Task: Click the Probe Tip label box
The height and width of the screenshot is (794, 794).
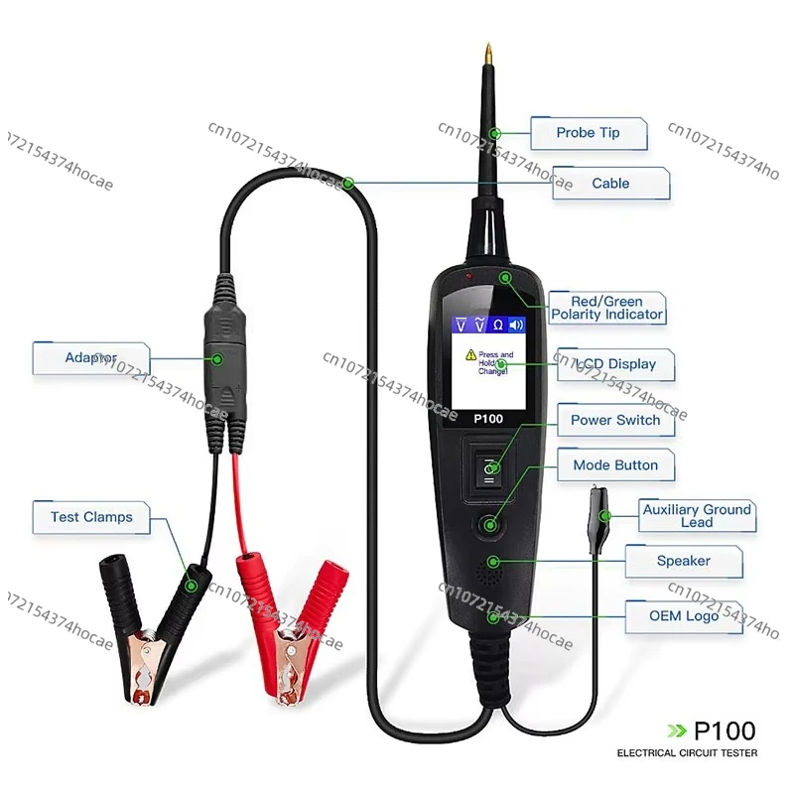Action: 588,133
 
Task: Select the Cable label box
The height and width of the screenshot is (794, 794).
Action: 610,184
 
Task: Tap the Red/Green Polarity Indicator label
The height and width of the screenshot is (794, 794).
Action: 606,308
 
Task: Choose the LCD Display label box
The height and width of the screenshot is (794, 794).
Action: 615,364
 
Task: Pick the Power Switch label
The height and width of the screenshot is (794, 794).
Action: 614,420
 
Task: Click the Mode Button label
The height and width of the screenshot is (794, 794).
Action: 615,464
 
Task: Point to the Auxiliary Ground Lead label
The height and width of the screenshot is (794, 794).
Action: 696,516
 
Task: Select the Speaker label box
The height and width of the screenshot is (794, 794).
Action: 683,562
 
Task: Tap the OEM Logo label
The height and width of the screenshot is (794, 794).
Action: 683,615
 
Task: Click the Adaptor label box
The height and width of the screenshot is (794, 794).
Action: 91,357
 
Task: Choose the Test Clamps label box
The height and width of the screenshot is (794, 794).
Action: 91,517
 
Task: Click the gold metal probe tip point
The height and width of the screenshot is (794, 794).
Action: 489,50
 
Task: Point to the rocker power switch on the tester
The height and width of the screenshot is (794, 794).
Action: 488,470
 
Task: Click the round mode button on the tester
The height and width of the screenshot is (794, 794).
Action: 488,525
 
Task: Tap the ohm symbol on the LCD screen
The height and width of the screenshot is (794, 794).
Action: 498,325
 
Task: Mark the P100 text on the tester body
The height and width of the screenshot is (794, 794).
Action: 488,419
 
